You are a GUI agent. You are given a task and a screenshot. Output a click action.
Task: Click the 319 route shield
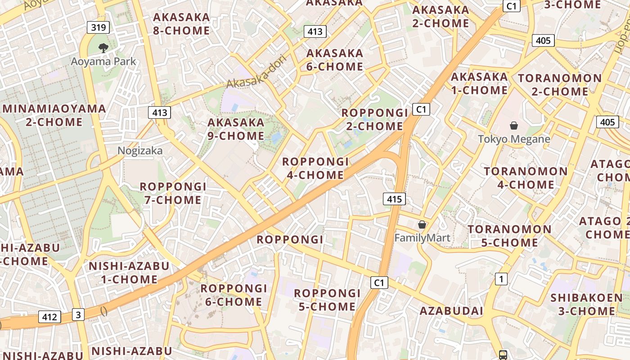tap(99, 28)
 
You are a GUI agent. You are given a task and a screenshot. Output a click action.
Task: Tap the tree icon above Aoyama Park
tap(103, 48)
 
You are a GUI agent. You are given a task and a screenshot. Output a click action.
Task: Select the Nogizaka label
tap(140, 151)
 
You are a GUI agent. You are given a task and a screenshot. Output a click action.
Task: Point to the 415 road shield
tap(395, 199)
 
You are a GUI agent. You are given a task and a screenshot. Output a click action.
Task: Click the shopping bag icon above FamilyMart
tap(422, 225)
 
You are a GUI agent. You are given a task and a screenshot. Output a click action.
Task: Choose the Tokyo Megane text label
tap(514, 139)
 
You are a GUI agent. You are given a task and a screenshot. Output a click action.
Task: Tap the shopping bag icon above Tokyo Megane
tap(514, 126)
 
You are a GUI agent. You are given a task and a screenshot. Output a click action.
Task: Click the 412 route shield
tap(49, 317)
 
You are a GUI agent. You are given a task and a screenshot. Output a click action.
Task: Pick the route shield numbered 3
tap(78, 315)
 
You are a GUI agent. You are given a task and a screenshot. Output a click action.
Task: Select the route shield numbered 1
tap(501, 279)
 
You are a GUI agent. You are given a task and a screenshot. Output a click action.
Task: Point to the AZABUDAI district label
tap(451, 311)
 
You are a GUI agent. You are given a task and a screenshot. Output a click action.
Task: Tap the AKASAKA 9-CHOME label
tap(236, 129)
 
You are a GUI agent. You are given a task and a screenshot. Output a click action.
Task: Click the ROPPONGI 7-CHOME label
tap(173, 193)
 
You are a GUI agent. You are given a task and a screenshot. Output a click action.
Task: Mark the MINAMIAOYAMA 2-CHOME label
tap(54, 115)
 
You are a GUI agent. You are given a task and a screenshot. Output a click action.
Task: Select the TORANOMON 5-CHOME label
tap(509, 236)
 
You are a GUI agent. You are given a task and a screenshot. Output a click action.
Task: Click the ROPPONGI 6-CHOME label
tap(234, 295)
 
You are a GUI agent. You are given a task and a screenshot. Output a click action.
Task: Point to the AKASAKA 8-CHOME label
tap(181, 24)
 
